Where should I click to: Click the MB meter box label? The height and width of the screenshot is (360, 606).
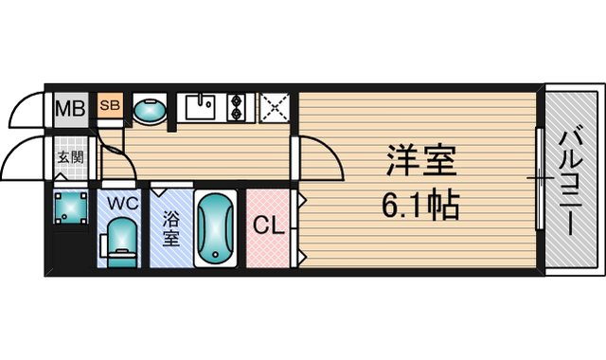click(70, 108)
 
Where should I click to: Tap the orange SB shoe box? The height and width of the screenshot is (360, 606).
click(110, 105)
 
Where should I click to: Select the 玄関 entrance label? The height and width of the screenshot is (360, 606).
click(71, 157)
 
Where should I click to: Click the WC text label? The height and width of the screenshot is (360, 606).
click(123, 203)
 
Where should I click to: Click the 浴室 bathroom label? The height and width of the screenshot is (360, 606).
click(170, 228)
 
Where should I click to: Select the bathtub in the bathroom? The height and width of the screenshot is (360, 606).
click(215, 228)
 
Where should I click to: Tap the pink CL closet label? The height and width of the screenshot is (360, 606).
click(269, 225)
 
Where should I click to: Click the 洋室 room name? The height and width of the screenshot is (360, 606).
click(422, 160)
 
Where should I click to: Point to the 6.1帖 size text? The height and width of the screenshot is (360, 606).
click(420, 205)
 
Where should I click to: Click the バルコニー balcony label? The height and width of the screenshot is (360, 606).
click(570, 183)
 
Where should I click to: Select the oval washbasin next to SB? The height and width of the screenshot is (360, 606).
click(150, 111)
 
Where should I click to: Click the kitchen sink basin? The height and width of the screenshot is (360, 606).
click(200, 107)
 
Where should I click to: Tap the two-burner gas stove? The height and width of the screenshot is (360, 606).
click(236, 107)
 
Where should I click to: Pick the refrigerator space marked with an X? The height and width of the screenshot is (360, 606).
click(275, 107)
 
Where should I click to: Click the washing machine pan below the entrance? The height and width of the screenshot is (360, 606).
click(71, 207)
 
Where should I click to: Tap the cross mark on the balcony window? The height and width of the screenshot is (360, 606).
click(541, 178)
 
